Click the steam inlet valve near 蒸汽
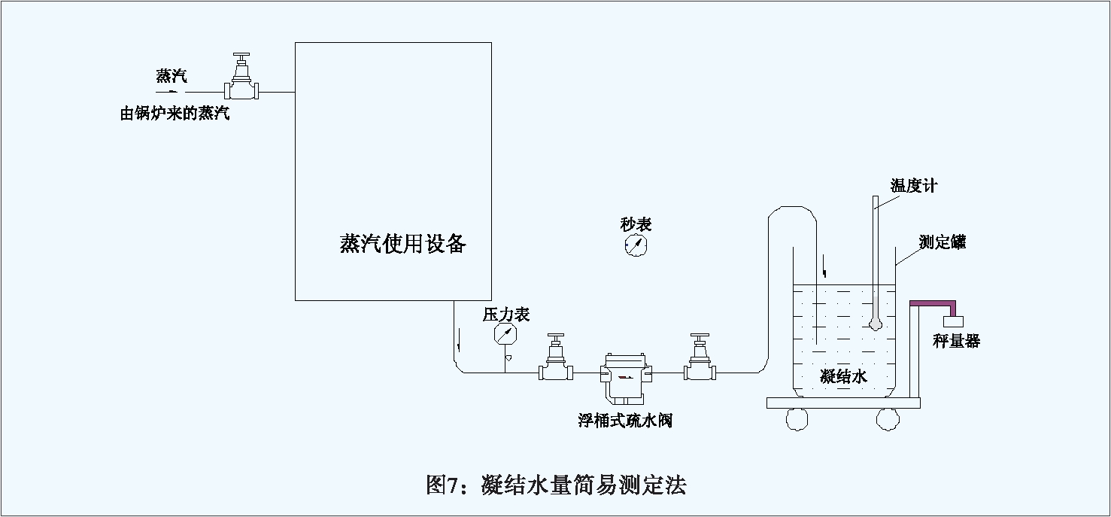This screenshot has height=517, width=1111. pos(242,81)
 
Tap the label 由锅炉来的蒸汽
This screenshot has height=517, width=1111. pos(175,114)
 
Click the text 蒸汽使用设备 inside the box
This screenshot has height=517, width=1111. pos(403,244)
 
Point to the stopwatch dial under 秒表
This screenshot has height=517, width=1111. pos(636,245)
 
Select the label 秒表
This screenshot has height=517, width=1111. pos(636,224)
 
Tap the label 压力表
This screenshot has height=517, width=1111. pos(506,314)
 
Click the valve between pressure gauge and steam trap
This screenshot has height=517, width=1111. pos(556,360)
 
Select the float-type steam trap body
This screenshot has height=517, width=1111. pos(626,373)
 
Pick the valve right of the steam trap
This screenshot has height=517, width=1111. pos(700,360)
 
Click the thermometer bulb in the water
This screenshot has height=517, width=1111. pos(875,324)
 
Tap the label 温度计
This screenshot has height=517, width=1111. pos(914,186)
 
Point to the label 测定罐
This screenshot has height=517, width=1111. pos(943,242)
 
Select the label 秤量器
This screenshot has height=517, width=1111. pos(957,341)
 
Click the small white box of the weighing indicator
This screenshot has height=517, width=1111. pos(953,321)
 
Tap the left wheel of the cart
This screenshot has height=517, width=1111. pos(797,419)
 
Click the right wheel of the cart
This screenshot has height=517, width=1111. pos(888,419)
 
